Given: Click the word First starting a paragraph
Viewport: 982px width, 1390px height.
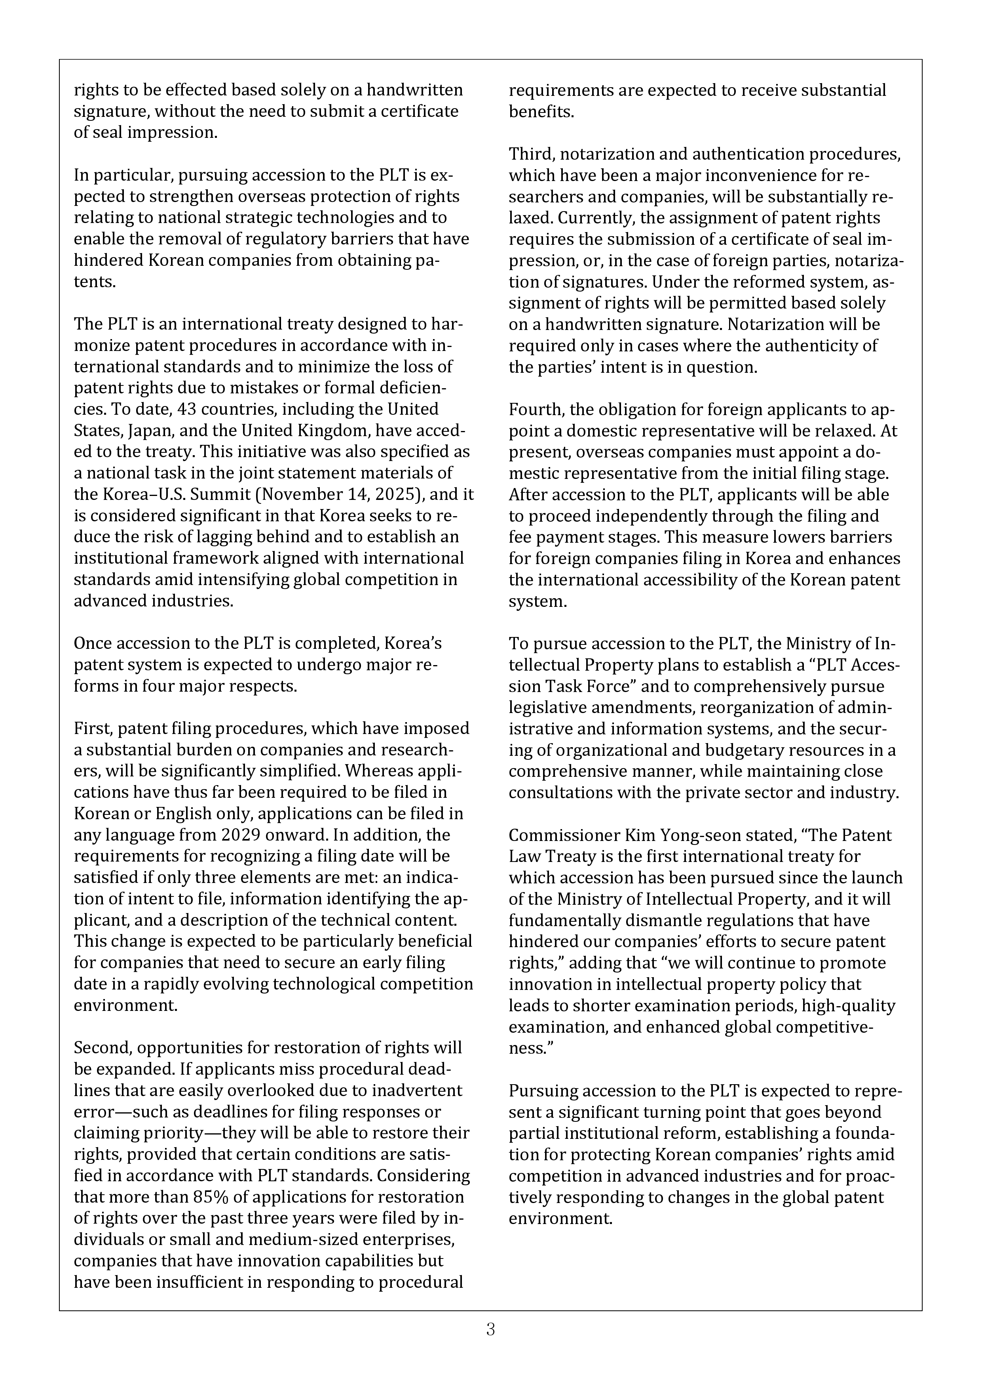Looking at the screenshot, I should pos(91,728).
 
